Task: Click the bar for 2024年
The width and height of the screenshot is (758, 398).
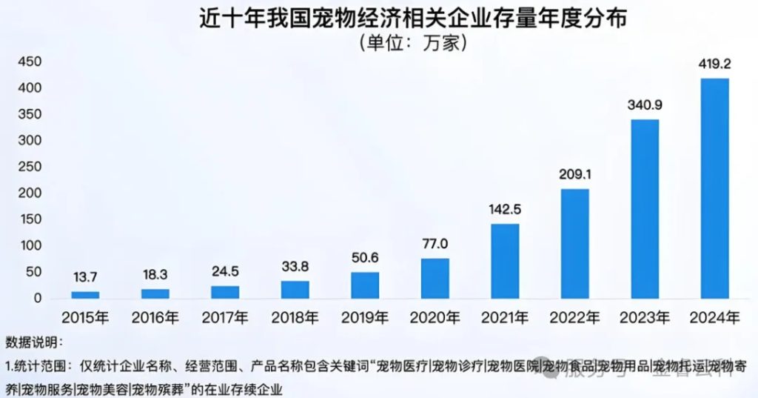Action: coord(714,188)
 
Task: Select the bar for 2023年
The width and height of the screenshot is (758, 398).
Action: coord(645,209)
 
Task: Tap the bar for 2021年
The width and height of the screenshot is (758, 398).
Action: coord(505,261)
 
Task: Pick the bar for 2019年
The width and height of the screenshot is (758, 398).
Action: coord(365,285)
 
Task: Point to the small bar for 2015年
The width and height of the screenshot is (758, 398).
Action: coord(85,295)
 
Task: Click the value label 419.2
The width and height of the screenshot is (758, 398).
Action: coord(714,64)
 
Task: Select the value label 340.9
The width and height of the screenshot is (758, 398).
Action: coord(645,105)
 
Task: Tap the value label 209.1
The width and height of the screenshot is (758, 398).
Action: coord(574,174)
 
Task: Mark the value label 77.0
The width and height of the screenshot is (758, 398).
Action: coord(435,243)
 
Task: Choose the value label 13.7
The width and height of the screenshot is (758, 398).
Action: coord(85,276)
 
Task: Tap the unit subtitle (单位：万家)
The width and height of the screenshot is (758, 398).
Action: coord(412,43)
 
